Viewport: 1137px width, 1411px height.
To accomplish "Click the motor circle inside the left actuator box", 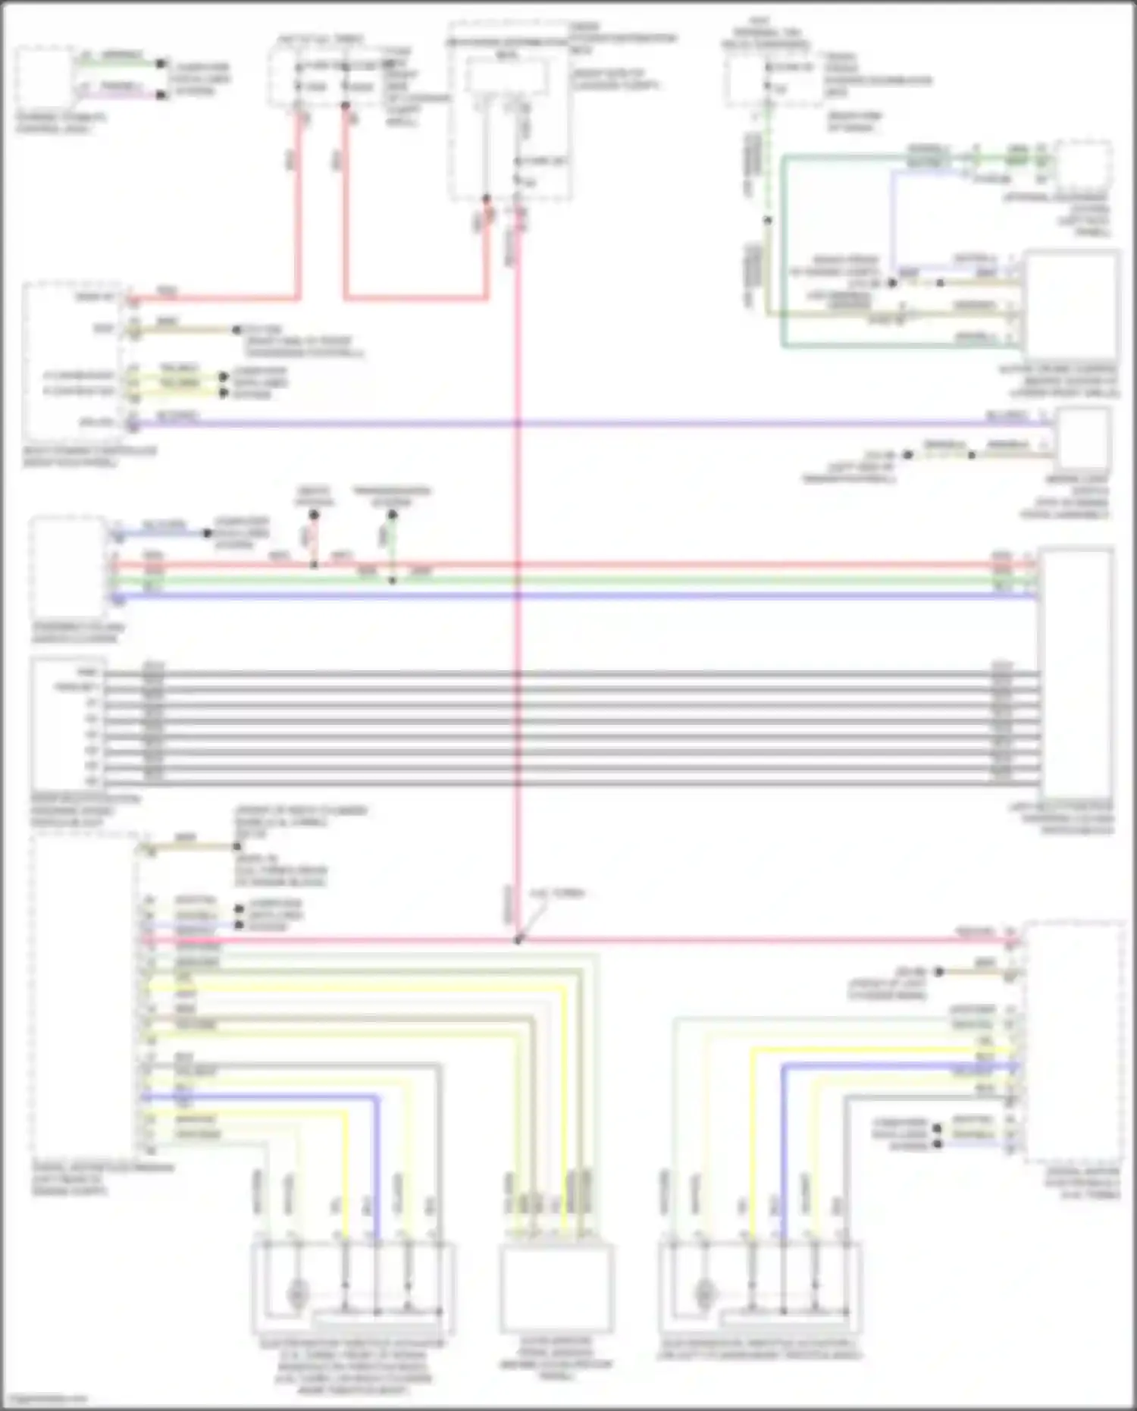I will coord(296,1293).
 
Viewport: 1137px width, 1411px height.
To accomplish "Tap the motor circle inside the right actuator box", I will coord(704,1293).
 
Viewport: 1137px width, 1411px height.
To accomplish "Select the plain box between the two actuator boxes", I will coord(556,1287).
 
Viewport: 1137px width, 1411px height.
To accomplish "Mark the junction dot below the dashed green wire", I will coord(768,221).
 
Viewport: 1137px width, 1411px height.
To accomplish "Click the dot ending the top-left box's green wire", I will coord(161,64).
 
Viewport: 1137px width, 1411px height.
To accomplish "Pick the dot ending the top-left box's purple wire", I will coord(161,96).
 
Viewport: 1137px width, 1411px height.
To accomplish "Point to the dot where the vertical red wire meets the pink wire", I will coord(518,940).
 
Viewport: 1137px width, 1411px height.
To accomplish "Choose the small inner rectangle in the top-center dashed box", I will coord(506,77).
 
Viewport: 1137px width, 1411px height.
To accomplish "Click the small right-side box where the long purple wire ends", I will coord(1083,438).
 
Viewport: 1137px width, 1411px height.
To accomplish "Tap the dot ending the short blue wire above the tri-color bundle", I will coord(207,533).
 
